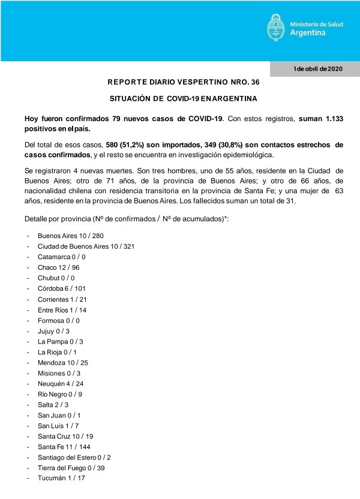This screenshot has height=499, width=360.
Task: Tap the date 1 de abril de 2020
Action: (318, 69)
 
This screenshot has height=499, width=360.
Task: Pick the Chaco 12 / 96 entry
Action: (59, 267)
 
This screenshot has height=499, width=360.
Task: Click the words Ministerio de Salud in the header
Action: (316, 24)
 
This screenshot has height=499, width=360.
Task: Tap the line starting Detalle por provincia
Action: (127, 220)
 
